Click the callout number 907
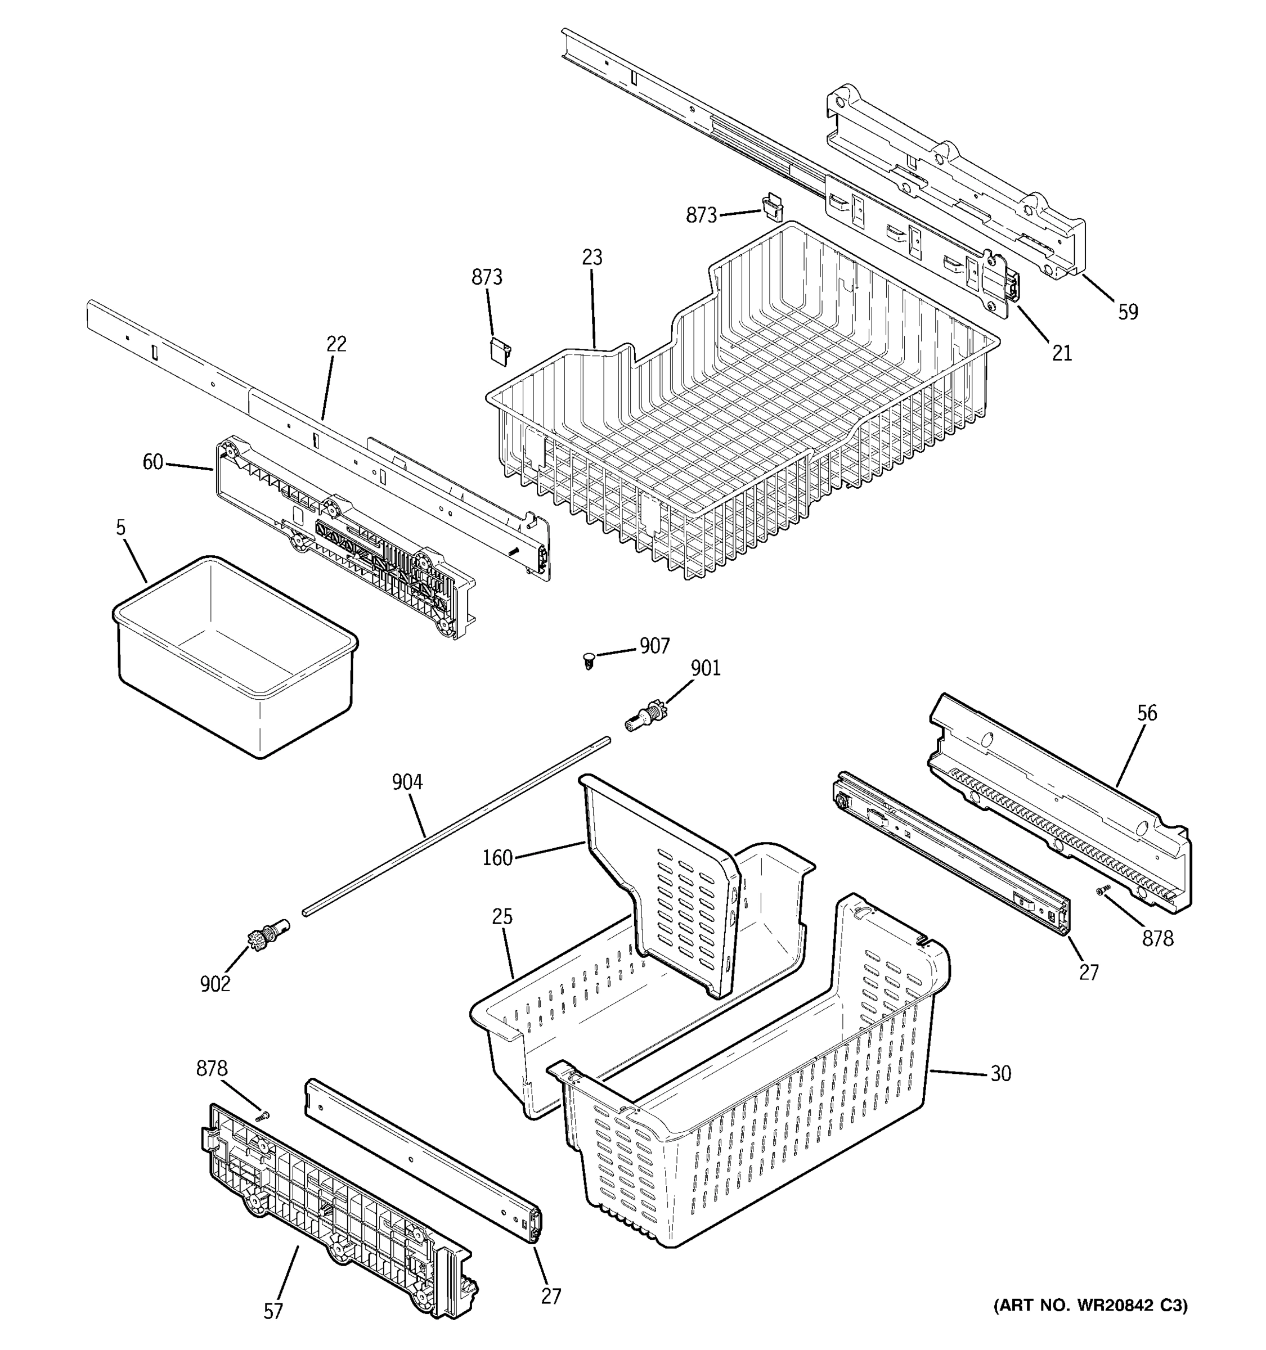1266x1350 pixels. [654, 646]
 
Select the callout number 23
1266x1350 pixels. [591, 258]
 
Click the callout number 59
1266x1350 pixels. [1128, 312]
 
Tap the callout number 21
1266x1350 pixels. [1062, 353]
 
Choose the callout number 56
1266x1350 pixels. [1147, 713]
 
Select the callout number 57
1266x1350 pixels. [273, 1311]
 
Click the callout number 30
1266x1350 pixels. [1000, 1074]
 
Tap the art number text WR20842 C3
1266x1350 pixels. [1090, 1305]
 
